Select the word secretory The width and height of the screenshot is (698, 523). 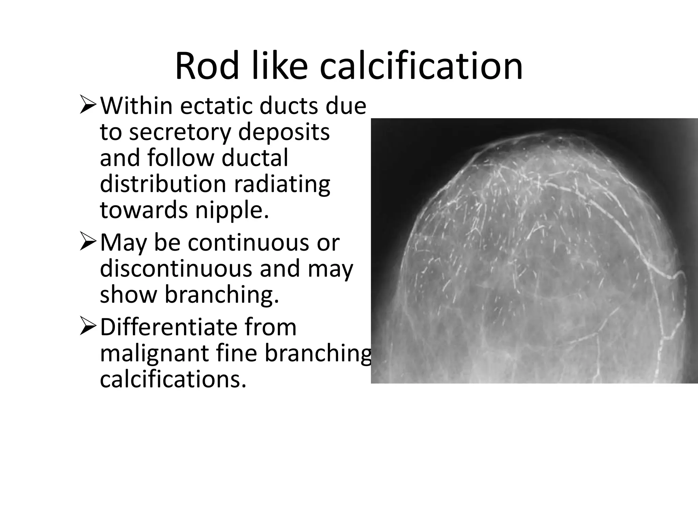182,132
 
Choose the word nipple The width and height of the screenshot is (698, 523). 232,210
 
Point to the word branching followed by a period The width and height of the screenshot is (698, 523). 222,295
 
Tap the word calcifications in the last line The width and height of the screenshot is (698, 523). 173,379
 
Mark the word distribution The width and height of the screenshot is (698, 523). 163,184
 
